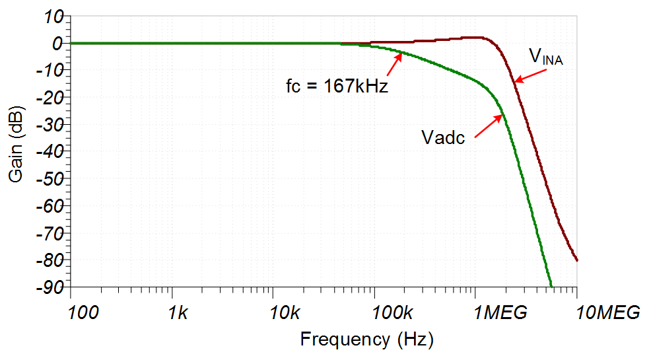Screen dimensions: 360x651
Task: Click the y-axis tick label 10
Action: click(x=53, y=17)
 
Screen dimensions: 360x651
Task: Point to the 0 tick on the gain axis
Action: click(x=57, y=44)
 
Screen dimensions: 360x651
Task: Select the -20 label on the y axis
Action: click(x=50, y=98)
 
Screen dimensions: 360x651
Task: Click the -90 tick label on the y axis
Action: click(x=50, y=287)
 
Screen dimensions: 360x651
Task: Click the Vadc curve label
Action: click(x=443, y=137)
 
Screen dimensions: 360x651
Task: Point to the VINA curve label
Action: click(x=545, y=57)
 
